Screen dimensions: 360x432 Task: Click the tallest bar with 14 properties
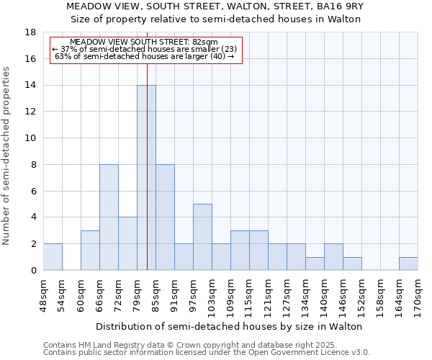click(146, 178)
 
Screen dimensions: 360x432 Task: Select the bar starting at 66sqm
click(109, 217)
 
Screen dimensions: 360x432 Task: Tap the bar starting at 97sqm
click(202, 237)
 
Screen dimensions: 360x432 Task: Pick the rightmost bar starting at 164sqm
click(408, 264)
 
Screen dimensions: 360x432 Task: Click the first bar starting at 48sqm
click(53, 257)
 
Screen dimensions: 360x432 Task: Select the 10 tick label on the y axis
click(31, 138)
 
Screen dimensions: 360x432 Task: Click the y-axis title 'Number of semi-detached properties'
click(6, 156)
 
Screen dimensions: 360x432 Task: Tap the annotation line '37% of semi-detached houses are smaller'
click(144, 49)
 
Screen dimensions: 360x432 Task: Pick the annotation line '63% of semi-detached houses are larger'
click(144, 56)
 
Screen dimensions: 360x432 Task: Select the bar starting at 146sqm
click(352, 264)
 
